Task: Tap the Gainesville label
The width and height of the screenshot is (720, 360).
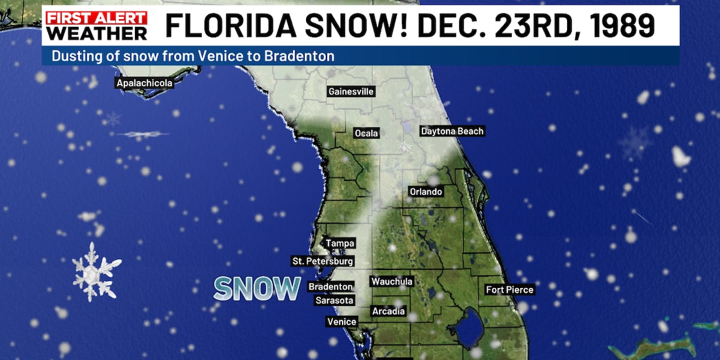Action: [x=351, y=92]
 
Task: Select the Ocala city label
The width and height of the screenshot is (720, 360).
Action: [x=366, y=133]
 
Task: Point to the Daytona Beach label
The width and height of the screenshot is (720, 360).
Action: [x=452, y=131]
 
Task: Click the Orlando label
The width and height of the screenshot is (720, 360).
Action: [x=425, y=192]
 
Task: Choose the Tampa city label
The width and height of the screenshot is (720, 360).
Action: [x=340, y=244]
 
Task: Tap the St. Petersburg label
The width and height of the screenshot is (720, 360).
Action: [x=322, y=262]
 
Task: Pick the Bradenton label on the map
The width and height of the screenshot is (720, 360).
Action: [x=331, y=287]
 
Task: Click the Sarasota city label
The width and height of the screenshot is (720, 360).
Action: [x=334, y=301]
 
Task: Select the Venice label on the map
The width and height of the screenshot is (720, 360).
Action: [x=341, y=322]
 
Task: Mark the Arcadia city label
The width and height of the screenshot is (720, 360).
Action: [x=388, y=311]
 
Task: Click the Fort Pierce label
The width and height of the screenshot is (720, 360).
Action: [x=509, y=290]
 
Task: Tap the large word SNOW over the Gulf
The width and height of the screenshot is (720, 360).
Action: [x=257, y=289]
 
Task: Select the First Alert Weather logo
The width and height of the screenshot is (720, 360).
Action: [x=97, y=25]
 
